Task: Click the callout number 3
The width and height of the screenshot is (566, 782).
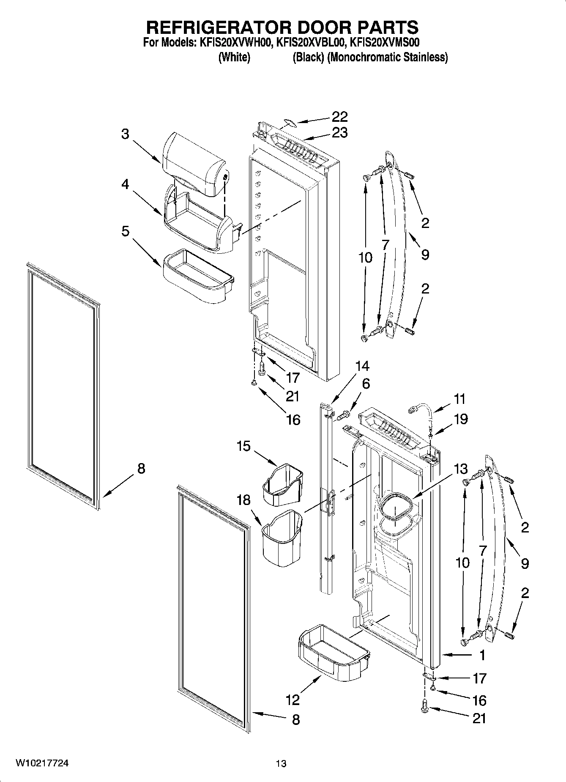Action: (x=125, y=134)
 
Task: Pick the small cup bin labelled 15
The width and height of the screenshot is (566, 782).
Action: (x=282, y=485)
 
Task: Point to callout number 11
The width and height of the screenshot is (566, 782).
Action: (x=459, y=399)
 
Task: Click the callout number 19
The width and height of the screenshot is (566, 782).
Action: (x=460, y=419)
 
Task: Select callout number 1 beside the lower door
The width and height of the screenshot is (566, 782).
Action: (x=482, y=655)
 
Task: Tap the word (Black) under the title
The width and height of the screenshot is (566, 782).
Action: (x=308, y=57)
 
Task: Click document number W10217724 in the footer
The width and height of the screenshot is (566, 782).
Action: (x=42, y=763)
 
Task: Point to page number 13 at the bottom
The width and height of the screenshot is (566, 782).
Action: (x=281, y=763)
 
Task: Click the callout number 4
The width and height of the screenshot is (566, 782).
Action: (x=125, y=184)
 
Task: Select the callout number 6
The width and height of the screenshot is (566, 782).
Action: (x=366, y=384)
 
